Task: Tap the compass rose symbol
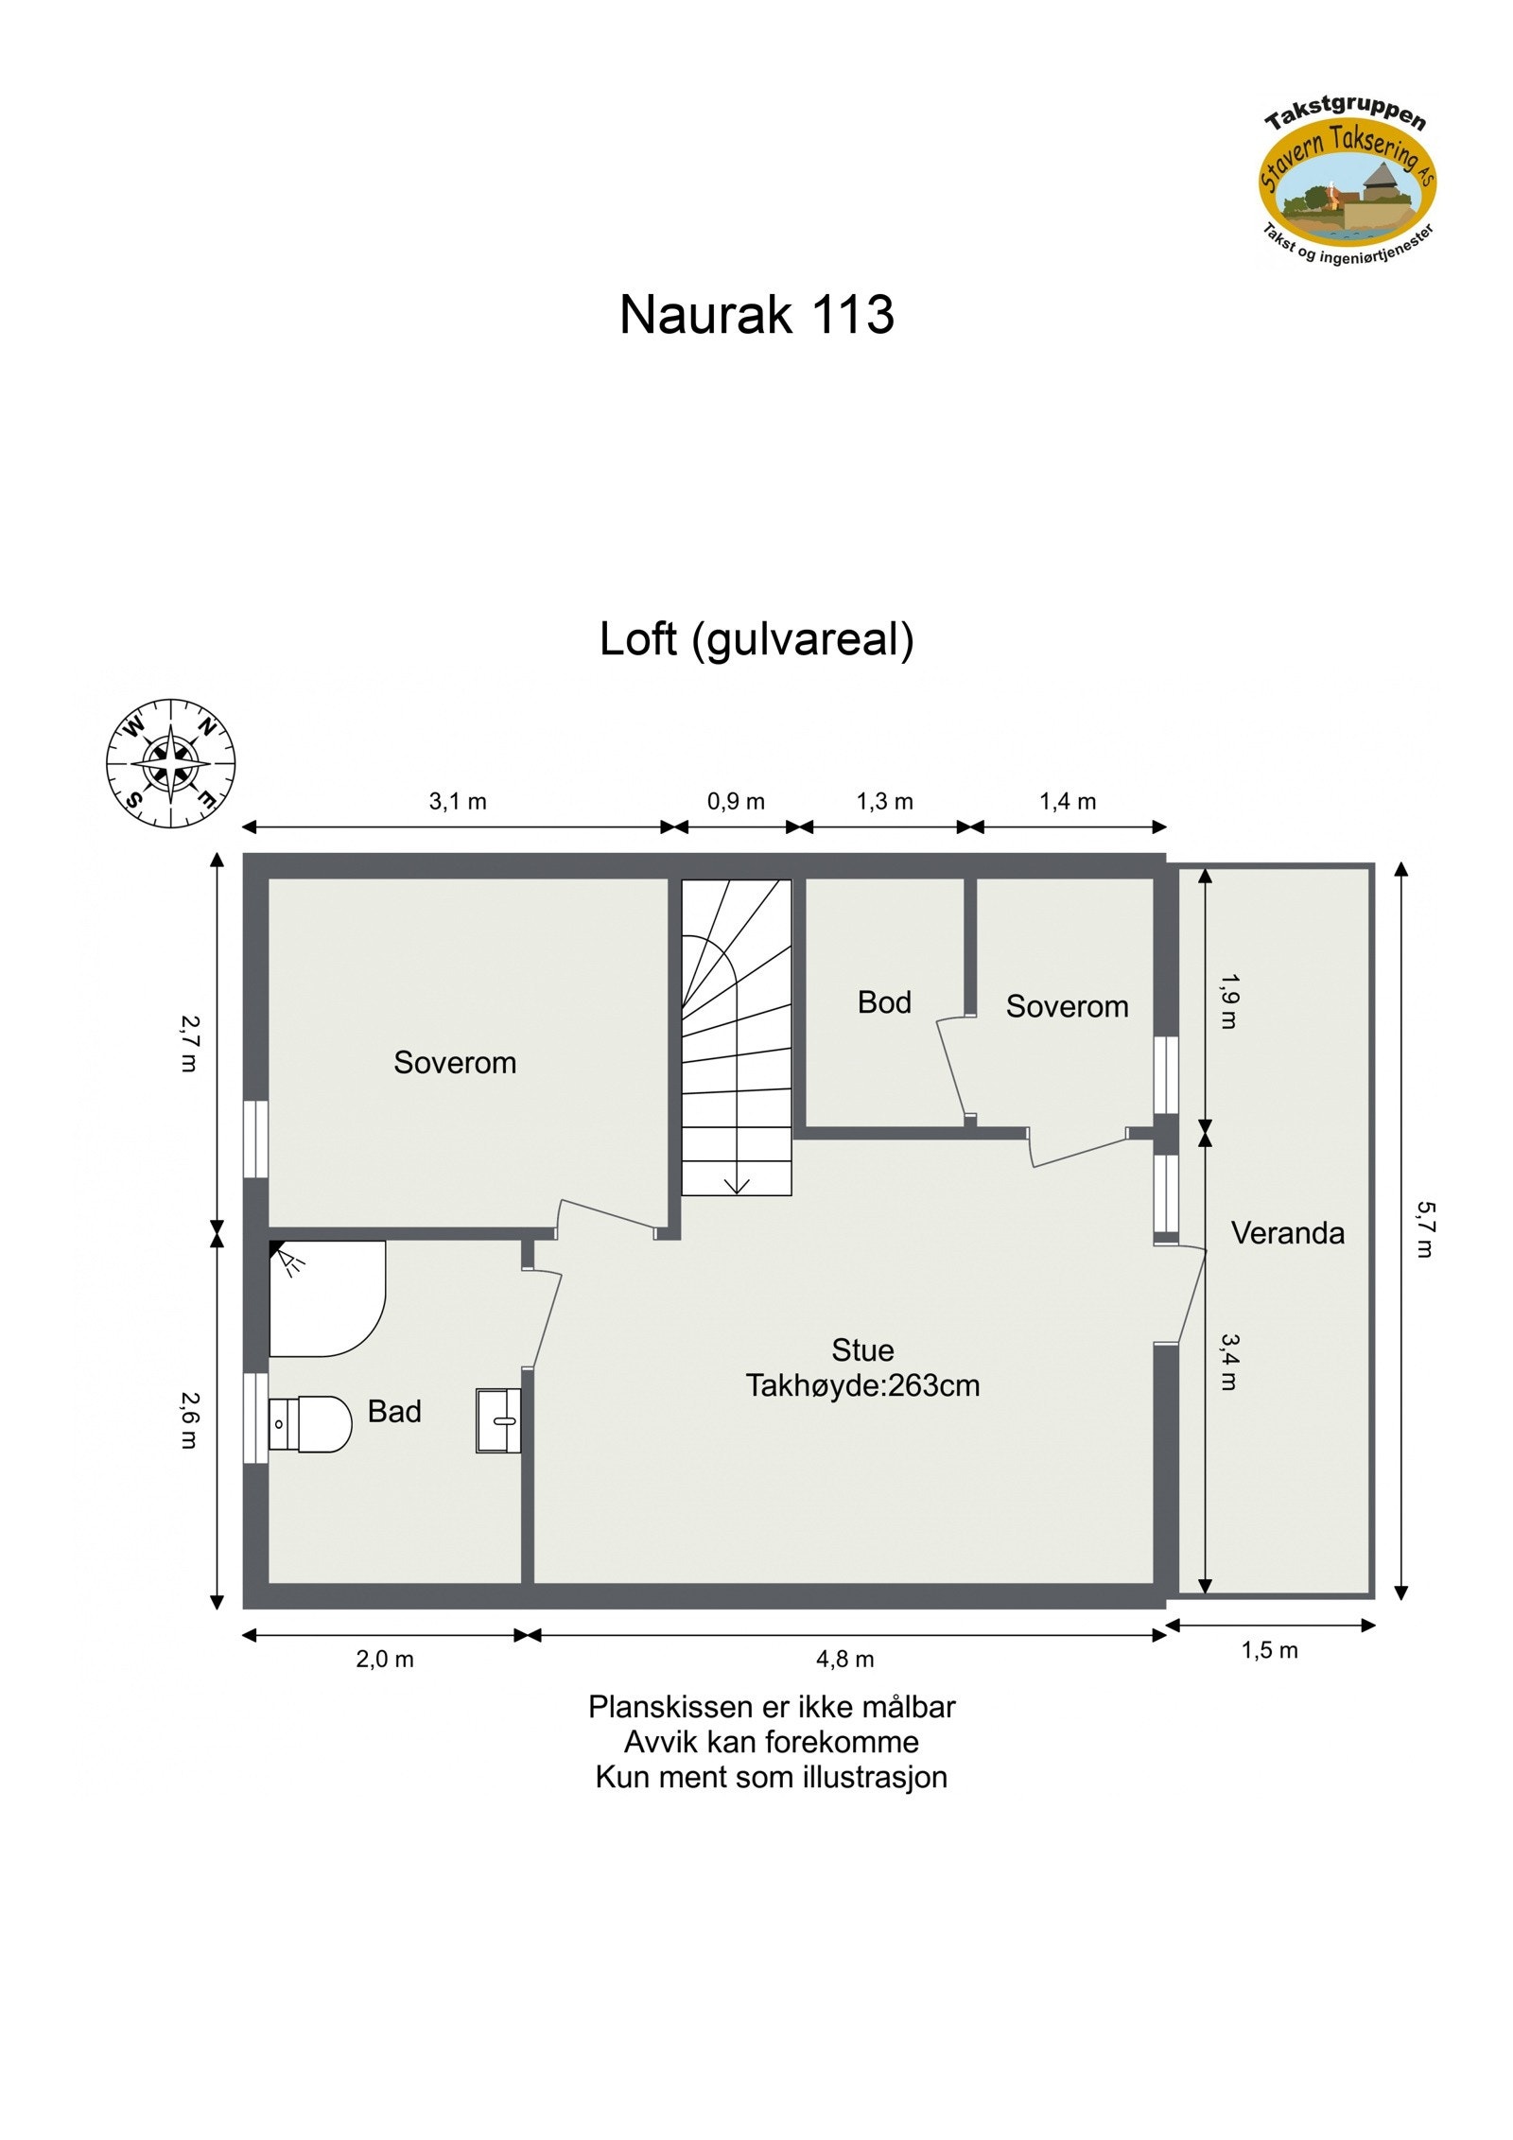tap(170, 762)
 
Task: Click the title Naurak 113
tap(756, 315)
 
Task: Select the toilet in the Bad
tap(312, 1423)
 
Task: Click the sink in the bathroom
tap(497, 1419)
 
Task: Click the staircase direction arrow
tap(736, 1185)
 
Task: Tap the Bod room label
tap(883, 1002)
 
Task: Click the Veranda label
tap(1286, 1233)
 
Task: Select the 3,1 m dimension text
tap(458, 802)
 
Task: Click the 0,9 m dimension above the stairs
tap(736, 802)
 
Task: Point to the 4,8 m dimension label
tap(844, 1660)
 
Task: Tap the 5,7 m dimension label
tap(1424, 1228)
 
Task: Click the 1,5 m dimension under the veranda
tap(1268, 1651)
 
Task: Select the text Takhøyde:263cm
tap(861, 1386)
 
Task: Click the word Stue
tap(861, 1349)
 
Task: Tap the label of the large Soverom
tap(455, 1063)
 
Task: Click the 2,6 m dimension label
tap(190, 1419)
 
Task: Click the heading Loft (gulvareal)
tap(756, 639)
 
